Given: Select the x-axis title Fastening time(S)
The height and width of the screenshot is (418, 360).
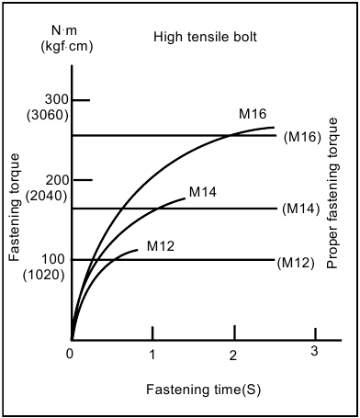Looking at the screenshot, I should [203, 389].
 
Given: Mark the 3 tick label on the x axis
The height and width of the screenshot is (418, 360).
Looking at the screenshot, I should [314, 352].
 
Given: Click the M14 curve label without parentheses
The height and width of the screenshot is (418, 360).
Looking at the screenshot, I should [202, 192].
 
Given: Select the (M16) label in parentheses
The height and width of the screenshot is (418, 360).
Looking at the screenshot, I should [301, 138].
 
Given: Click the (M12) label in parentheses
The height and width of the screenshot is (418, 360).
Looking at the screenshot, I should [296, 263].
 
